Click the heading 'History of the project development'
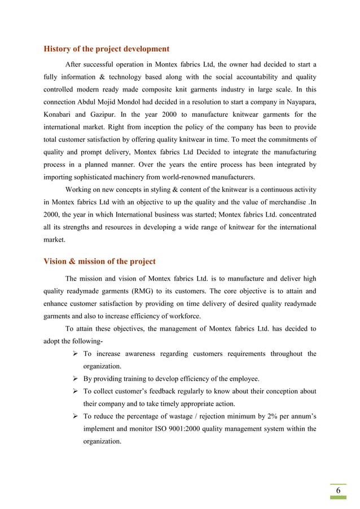[x=106, y=49]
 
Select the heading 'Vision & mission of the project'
[x=99, y=261]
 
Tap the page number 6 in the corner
[x=338, y=490]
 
